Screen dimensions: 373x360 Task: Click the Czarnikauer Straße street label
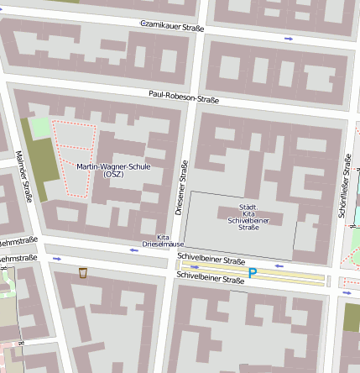click(x=172, y=27)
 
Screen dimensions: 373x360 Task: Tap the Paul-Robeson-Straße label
click(x=183, y=97)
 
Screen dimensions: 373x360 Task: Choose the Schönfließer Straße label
click(x=344, y=186)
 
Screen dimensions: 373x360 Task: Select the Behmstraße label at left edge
click(x=17, y=258)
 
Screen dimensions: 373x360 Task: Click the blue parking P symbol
click(x=252, y=273)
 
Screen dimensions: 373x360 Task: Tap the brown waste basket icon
click(x=82, y=273)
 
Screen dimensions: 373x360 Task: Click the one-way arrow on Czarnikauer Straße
click(x=290, y=39)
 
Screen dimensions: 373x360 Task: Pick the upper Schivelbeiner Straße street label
click(x=211, y=261)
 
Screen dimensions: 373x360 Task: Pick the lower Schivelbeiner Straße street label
click(x=211, y=276)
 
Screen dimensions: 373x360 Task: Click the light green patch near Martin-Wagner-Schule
click(x=39, y=129)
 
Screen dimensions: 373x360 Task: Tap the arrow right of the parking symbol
click(x=280, y=266)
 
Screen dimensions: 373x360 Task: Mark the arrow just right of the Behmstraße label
click(x=57, y=259)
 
